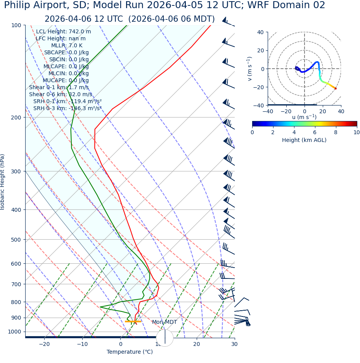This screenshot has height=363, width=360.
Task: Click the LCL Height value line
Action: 63,32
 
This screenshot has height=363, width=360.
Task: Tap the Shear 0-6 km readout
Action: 61,95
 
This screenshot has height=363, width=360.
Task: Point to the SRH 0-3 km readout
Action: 67,109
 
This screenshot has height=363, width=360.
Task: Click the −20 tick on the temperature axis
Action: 44,344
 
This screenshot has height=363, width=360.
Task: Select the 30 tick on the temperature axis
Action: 234,344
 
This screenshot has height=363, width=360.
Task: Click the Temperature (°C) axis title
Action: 130,352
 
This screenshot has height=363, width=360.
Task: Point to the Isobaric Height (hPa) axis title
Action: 3,182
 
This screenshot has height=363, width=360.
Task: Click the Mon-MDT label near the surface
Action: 164,322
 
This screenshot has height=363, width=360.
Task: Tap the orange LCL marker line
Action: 133,322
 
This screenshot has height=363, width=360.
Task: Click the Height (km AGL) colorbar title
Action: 304,140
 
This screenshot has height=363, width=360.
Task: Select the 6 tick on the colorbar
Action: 315,132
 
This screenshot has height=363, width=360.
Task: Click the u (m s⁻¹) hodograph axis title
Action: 304,117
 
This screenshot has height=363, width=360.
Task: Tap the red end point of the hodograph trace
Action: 336,89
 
